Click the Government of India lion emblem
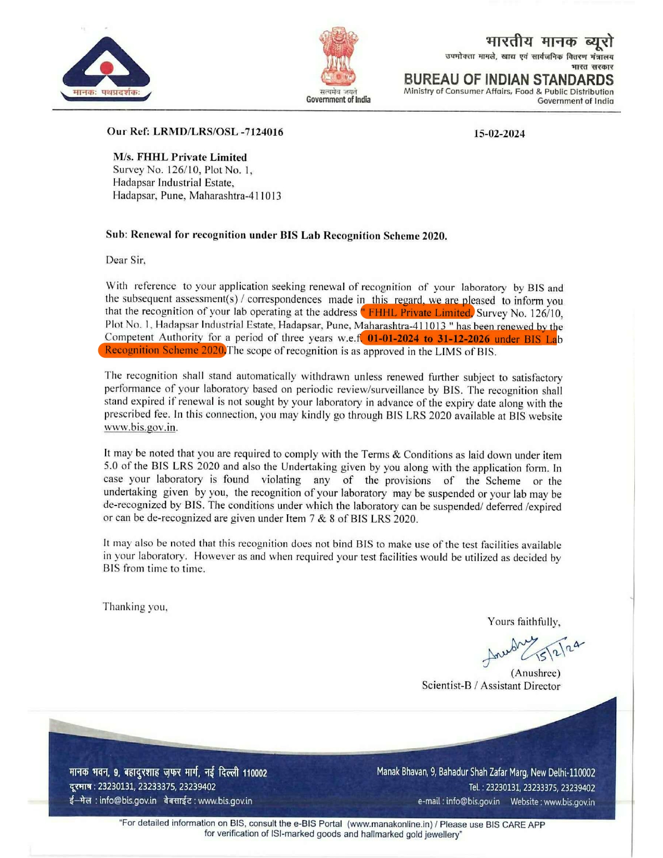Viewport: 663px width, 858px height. [339, 58]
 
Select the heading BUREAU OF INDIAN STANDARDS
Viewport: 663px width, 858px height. [509, 80]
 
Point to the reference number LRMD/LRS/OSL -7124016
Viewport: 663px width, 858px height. [218, 132]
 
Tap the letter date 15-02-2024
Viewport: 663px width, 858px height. [499, 134]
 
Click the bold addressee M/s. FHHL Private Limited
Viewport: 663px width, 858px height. [180, 157]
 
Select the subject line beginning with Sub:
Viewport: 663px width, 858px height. [276, 235]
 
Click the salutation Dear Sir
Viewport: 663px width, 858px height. [126, 260]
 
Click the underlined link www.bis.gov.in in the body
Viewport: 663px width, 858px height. [140, 427]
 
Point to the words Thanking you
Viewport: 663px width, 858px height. [135, 607]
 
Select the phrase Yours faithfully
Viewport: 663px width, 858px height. [524, 621]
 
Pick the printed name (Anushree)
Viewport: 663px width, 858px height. [536, 673]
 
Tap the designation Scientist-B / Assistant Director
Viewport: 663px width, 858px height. [491, 686]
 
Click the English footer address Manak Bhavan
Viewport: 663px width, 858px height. [486, 773]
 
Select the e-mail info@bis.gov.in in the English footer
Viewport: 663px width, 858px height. [472, 801]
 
